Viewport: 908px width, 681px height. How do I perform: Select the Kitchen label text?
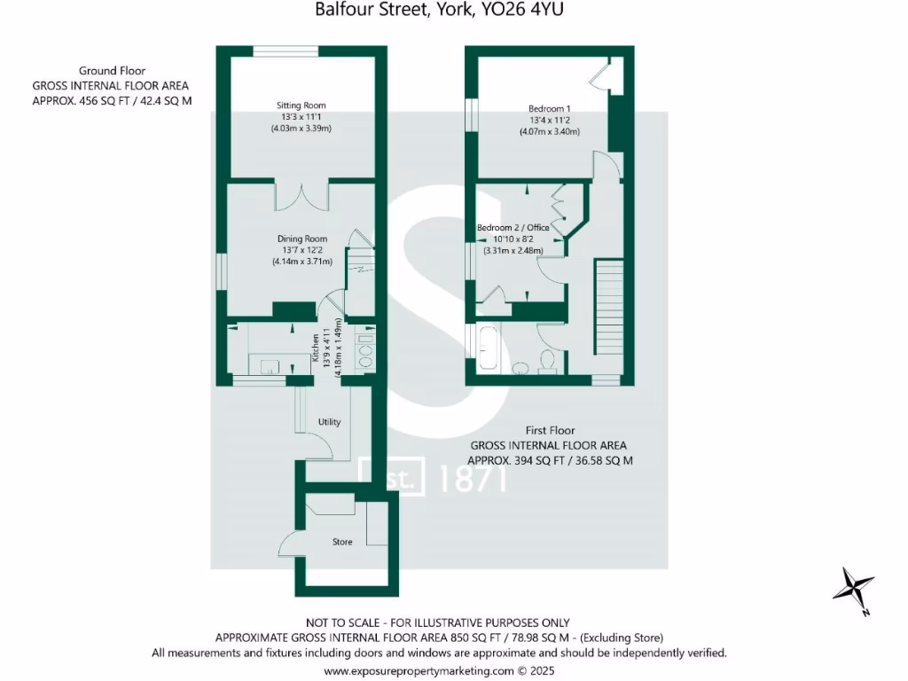coord(315,346)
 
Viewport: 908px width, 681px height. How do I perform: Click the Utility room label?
coord(329,422)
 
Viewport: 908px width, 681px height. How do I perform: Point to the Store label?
coord(342,542)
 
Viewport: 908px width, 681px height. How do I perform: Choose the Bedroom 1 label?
coord(549,108)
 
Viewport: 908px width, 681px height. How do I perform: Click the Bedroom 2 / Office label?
coord(513,228)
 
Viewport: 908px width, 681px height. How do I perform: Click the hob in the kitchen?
coord(364,349)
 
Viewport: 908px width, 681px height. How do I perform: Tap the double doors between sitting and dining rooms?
coord(301,197)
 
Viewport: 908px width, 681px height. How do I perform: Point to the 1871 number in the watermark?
coord(473,479)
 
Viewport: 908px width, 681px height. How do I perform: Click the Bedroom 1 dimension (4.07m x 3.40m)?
coord(549,132)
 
